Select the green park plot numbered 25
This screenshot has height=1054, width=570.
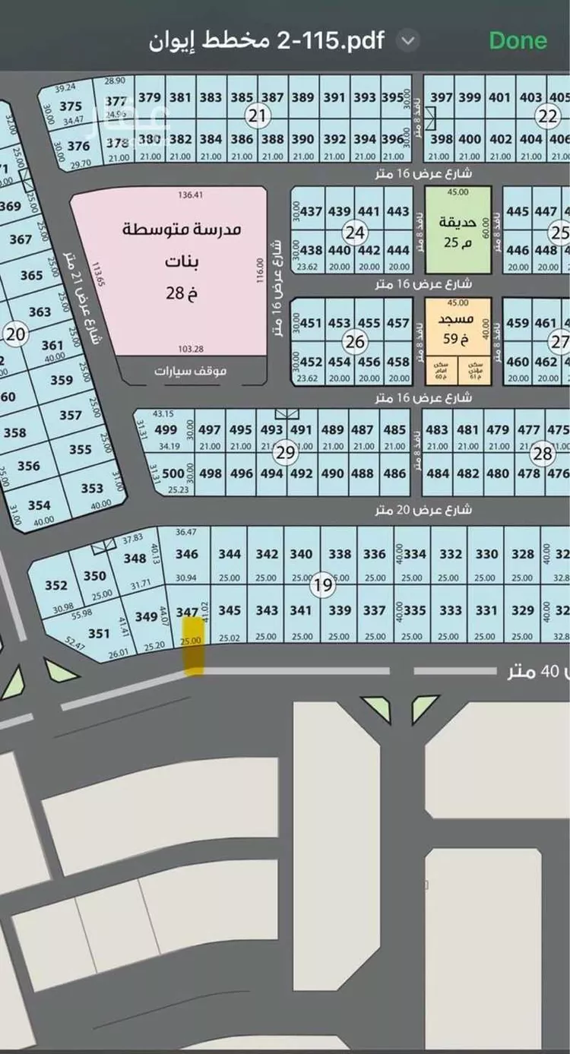pos(458,231)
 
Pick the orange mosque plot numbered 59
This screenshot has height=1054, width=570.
pos(458,327)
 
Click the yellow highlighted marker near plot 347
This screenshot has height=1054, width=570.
pos(194,645)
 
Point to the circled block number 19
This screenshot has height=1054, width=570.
pos(323,585)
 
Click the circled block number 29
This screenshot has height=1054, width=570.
pos(285,454)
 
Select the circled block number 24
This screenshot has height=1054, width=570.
pos(354,232)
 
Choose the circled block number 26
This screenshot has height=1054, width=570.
pos(354,342)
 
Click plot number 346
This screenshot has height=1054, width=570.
pos(187,555)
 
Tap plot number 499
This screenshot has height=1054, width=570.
pos(166,430)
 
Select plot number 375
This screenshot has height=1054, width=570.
pos(70,106)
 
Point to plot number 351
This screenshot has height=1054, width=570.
pos(99,634)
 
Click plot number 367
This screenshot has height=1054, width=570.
pos(21,239)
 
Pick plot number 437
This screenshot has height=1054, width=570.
pos(312,211)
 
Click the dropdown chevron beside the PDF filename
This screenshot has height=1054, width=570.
pos(409,40)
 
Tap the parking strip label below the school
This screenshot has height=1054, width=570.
pos(190,372)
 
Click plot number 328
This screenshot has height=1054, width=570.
pos(523,555)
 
